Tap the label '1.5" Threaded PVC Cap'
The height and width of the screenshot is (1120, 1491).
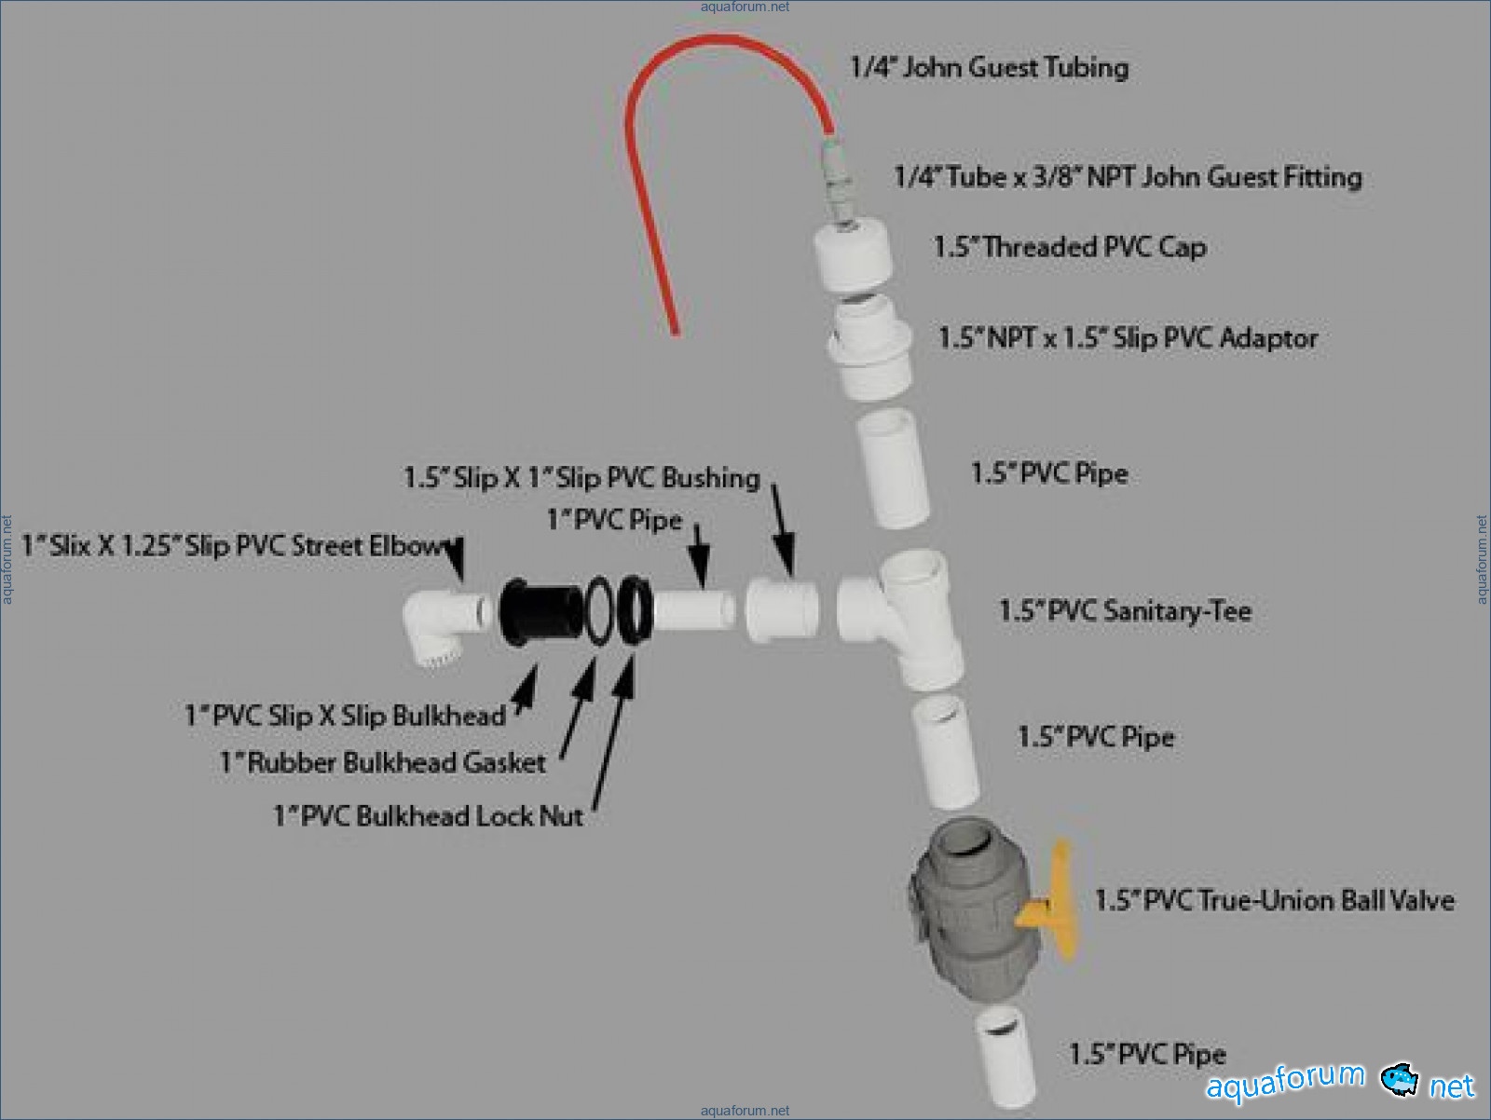pos(1070,247)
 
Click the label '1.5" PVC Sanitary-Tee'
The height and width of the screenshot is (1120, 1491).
pos(1125,611)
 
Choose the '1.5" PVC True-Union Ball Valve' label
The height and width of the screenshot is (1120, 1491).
pos(1274,900)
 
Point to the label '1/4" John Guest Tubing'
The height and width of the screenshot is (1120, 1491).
pos(989,67)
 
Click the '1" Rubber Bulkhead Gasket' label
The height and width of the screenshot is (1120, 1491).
pos(382,762)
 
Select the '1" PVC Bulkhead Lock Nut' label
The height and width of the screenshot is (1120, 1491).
pos(428,816)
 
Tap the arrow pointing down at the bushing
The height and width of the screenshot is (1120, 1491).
pos(783,532)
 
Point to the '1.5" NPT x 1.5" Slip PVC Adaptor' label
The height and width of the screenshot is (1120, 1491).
pos(1129,337)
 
